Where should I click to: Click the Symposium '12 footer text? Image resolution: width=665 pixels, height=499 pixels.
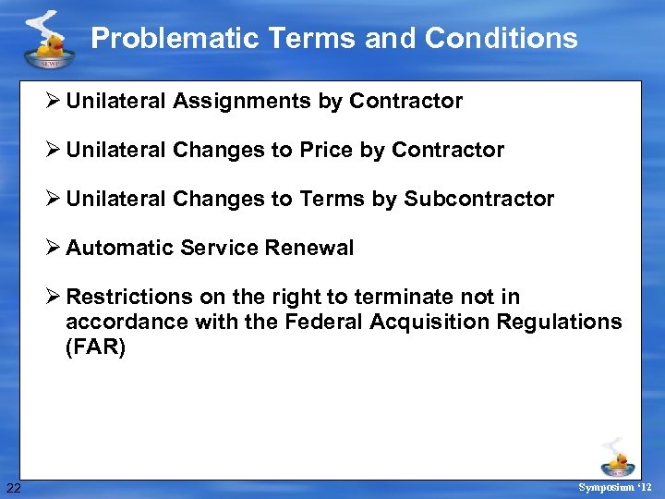(614, 487)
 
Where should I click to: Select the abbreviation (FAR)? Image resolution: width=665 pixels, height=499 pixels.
(95, 347)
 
